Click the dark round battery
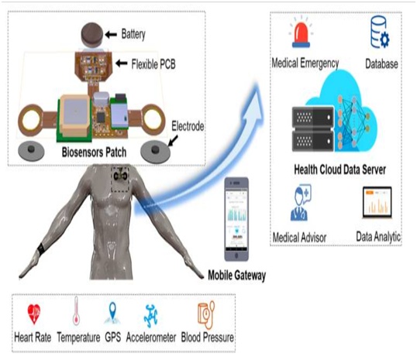[91, 35]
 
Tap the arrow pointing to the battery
[111, 34]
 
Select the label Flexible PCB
[153, 64]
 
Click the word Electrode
[188, 126]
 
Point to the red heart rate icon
[34, 314]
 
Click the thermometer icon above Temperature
[76, 310]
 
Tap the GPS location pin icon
[112, 313]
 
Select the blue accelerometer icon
[151, 316]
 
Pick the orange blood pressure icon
[206, 315]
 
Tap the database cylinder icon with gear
[380, 33]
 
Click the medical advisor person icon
[301, 203]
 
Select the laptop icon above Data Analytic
[377, 202]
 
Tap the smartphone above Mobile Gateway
[236, 219]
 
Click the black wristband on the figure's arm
[41, 249]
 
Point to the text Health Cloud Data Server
[339, 170]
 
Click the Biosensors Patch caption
[94, 153]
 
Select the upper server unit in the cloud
[313, 117]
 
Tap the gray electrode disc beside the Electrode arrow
[155, 153]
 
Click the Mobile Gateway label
[236, 276]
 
